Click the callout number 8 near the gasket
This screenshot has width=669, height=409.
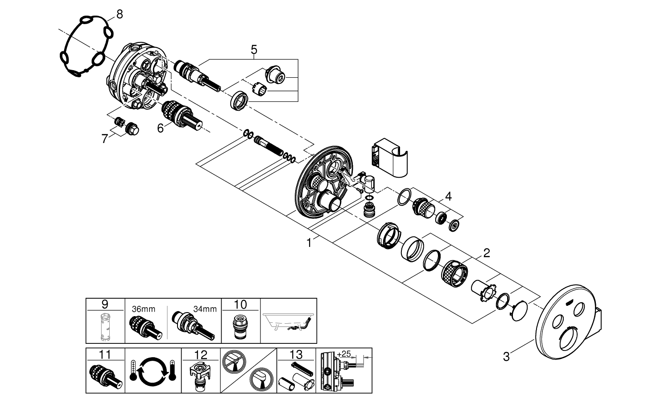coord(120,14)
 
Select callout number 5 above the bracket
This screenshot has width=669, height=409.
coord(254,49)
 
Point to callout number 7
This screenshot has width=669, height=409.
coord(104,139)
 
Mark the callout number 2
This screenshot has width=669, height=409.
coord(487,253)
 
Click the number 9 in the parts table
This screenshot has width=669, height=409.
coord(105,305)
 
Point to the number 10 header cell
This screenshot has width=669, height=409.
coord(240,305)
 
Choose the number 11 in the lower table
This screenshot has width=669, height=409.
coord(105,355)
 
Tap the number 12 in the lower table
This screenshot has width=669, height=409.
coord(201,355)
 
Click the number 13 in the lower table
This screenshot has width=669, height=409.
coord(296,355)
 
